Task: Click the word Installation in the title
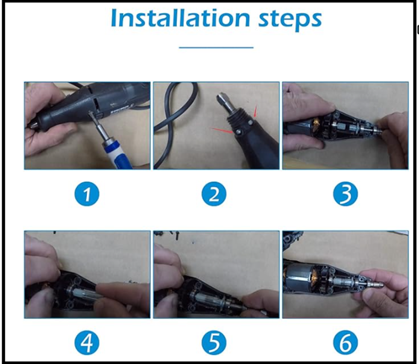click(180, 18)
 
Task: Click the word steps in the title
click(290, 19)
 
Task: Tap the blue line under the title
click(216, 48)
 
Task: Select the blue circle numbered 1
click(87, 194)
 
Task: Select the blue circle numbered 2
click(214, 194)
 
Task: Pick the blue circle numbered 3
click(345, 194)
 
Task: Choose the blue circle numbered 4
click(87, 343)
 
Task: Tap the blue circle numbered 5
click(214, 343)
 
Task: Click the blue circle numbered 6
click(345, 343)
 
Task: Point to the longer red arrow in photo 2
click(221, 130)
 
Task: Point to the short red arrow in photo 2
click(255, 111)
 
